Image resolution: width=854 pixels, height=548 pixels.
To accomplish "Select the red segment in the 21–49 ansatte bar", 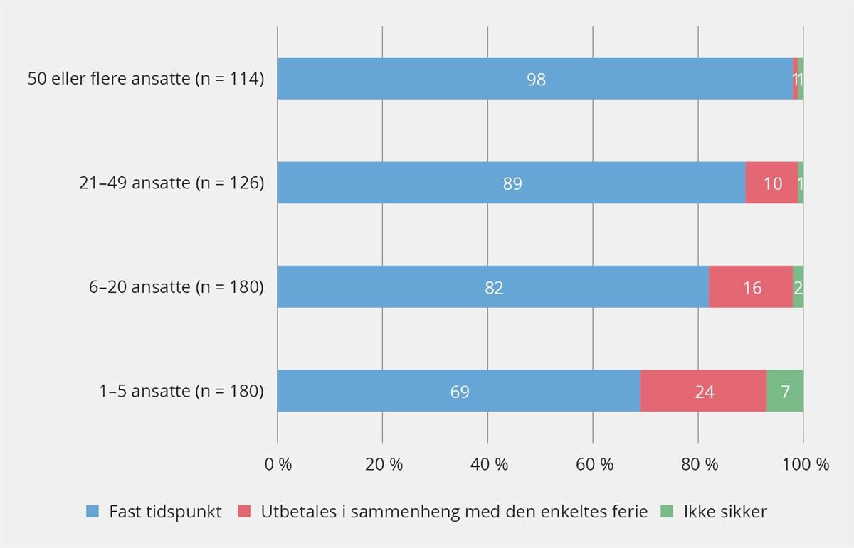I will (771, 183).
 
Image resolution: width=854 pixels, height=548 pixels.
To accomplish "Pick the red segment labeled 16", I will (751, 287).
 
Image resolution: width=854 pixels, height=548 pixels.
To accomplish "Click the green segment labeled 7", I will (785, 391).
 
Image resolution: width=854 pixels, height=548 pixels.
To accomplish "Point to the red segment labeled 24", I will (703, 391).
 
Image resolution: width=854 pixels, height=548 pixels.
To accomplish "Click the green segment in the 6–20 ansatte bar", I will (798, 287).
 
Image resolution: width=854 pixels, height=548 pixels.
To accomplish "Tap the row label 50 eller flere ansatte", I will (146, 79).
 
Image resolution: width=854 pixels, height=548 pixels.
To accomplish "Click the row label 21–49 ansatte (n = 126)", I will (172, 183).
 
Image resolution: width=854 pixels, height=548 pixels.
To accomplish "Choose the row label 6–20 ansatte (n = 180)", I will (176, 287).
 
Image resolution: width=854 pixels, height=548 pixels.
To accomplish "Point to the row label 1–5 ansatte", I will (181, 391).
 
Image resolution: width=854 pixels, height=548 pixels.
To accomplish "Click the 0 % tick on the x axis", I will (278, 465).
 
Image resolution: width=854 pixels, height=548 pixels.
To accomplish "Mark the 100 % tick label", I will (804, 465).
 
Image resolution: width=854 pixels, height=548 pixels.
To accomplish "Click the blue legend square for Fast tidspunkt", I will (93, 512).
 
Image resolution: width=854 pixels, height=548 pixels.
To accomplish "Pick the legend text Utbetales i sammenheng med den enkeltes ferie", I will (454, 512).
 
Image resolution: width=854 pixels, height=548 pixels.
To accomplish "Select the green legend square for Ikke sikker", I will (667, 512).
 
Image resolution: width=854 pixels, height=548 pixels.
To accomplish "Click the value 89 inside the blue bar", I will (512, 184).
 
